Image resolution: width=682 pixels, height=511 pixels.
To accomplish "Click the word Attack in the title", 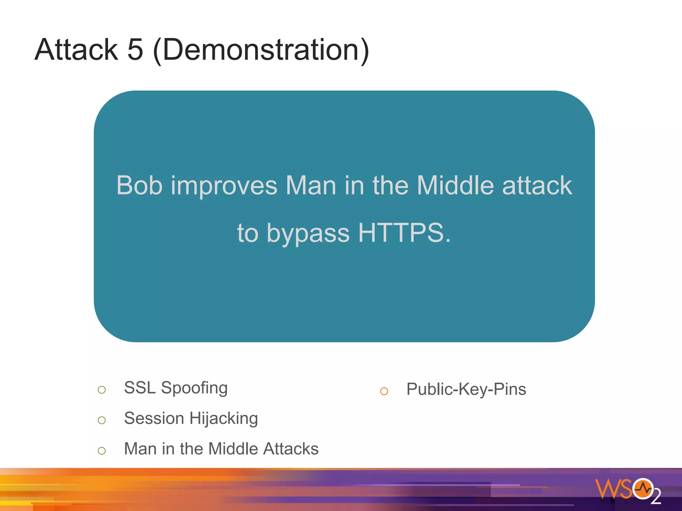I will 76,50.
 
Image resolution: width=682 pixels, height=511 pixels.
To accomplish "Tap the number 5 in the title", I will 135,50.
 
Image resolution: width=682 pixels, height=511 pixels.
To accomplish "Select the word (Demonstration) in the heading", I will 261,50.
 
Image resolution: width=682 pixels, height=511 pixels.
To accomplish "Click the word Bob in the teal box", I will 140,185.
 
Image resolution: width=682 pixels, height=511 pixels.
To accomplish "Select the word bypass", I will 308,234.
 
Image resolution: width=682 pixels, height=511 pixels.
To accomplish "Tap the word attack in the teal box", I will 537,185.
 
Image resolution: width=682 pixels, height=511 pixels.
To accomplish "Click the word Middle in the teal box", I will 455,185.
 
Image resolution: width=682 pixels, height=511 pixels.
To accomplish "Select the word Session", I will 154,418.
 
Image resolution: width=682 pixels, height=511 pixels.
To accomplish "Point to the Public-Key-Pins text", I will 466,389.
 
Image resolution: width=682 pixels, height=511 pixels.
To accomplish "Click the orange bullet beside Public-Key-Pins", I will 384,391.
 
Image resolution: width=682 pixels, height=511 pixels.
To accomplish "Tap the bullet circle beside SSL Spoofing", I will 102,390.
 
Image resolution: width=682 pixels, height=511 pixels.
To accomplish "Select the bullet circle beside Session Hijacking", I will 102,420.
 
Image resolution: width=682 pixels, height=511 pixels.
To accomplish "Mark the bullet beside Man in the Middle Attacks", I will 102,451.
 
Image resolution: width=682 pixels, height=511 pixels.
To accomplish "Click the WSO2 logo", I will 627,490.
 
